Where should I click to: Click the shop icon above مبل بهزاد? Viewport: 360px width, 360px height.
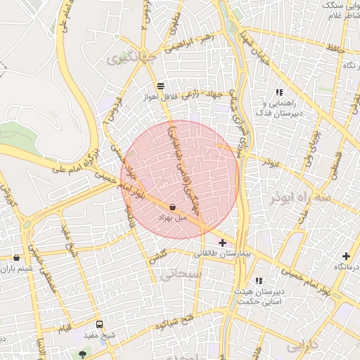(x=173, y=207)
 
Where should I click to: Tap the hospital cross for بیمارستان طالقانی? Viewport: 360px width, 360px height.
(x=223, y=243)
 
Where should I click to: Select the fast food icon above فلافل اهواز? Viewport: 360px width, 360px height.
(x=161, y=85)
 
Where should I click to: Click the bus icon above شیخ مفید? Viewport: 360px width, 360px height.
(x=99, y=325)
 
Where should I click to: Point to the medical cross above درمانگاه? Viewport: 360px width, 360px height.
(x=345, y=257)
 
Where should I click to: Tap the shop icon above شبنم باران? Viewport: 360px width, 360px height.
(x=16, y=258)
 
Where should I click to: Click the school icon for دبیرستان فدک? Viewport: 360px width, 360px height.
(x=279, y=92)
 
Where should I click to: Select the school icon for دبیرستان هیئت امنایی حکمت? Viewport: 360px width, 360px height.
(x=259, y=281)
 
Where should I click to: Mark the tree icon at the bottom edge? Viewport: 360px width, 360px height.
(x=84, y=354)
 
